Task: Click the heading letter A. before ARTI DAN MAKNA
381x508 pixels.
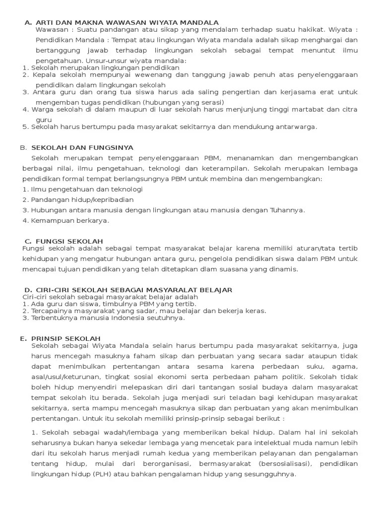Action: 28,23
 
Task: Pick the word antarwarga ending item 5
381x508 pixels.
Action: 292,127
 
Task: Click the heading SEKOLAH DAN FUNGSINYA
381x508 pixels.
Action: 82,148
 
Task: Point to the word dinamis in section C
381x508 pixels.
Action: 284,269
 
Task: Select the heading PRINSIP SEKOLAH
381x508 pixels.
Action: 66,338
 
